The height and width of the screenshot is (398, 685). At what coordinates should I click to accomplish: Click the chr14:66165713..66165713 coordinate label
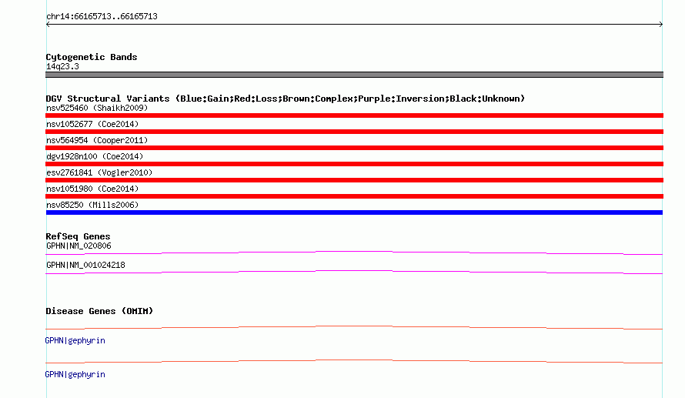(x=102, y=17)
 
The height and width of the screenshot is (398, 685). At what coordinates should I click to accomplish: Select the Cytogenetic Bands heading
(x=92, y=57)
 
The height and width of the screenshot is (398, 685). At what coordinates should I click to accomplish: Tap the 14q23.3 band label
(x=62, y=66)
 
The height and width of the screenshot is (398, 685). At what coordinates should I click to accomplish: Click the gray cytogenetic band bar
(x=354, y=75)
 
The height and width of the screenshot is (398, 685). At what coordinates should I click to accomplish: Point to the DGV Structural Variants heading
(x=286, y=99)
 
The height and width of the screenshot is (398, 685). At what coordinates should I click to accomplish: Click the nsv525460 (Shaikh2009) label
(x=97, y=108)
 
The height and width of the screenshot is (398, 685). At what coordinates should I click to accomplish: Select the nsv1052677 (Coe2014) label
(x=92, y=124)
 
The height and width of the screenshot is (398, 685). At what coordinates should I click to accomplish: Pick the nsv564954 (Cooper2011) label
(x=97, y=140)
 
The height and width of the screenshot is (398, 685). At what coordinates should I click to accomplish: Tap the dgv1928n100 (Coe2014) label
(x=95, y=156)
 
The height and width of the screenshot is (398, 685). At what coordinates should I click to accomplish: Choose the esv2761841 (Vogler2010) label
(x=99, y=172)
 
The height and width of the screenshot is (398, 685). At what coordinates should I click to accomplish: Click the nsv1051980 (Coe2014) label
(x=92, y=189)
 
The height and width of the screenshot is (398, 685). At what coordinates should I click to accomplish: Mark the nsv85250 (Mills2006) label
(x=92, y=205)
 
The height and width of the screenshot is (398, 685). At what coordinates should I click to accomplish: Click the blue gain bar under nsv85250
(x=354, y=212)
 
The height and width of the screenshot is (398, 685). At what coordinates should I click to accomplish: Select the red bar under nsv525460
(x=354, y=115)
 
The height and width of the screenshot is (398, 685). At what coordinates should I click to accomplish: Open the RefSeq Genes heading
(x=79, y=236)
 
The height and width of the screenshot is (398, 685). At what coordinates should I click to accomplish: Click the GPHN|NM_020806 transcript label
(x=79, y=246)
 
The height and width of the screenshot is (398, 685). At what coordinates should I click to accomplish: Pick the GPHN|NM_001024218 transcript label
(x=85, y=265)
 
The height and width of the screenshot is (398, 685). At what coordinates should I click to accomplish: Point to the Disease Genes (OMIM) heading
(x=99, y=311)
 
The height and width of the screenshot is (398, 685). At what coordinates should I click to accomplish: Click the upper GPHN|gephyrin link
(x=75, y=341)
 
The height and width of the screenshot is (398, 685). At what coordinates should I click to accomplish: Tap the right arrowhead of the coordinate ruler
(x=662, y=25)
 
